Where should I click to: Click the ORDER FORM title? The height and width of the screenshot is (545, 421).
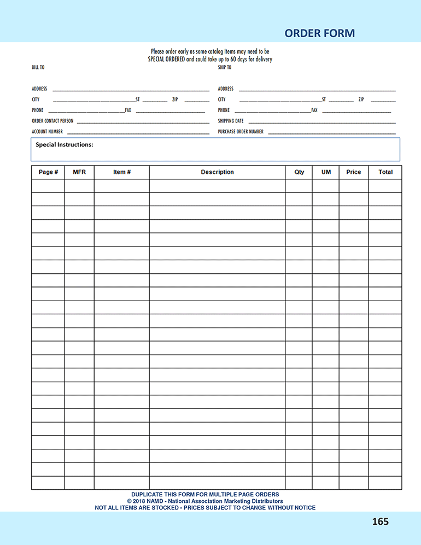pos(319,33)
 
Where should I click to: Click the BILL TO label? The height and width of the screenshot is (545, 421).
pos(38,68)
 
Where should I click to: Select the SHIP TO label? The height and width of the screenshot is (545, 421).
pos(224,68)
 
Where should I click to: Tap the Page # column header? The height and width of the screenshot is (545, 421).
pos(48,172)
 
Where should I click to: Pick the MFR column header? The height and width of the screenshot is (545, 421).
pos(79,172)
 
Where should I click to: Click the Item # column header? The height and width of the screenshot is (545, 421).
pos(122,172)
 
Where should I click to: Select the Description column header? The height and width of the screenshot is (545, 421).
pos(217,172)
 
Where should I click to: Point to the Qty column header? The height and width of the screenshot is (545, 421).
pos(299,172)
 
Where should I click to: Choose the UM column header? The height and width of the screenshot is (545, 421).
pos(326,172)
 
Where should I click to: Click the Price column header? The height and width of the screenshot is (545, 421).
pos(354,172)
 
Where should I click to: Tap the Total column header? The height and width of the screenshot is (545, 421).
pos(385,172)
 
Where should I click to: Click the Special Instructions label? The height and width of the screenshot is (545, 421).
pos(65,145)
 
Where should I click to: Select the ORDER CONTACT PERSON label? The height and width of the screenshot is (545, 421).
pos(52,121)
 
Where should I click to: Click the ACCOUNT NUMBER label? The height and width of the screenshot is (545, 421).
pos(47,132)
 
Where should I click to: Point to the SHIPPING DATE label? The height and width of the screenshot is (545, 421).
pos(231,121)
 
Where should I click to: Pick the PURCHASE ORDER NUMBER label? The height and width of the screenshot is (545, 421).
pos(241,132)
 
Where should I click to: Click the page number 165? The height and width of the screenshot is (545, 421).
pos(380,521)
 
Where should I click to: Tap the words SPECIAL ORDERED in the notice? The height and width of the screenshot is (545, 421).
pos(166,59)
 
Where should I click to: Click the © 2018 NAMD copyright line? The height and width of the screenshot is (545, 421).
pos(205,501)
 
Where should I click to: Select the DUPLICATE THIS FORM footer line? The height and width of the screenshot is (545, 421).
pos(205,495)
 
